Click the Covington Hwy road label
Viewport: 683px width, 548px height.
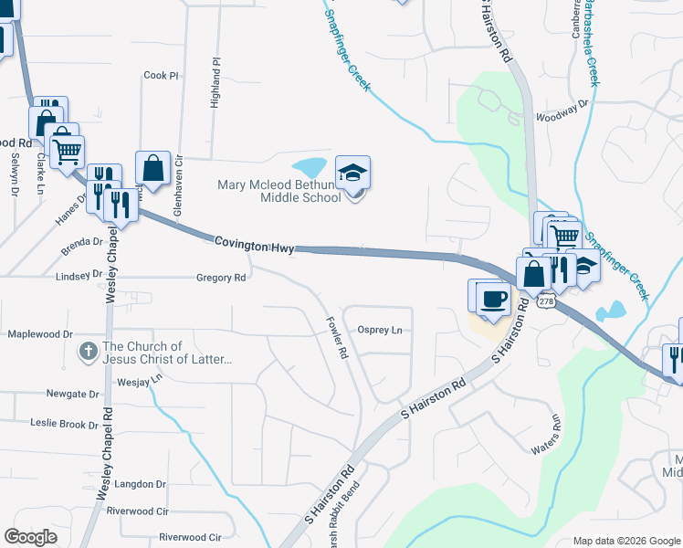pyautogui.click(x=254, y=245)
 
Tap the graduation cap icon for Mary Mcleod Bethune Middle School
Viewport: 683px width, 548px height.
pyautogui.click(x=352, y=173)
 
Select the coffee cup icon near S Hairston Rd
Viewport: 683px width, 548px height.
pyautogui.click(x=494, y=299)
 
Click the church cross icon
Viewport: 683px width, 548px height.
pyautogui.click(x=88, y=351)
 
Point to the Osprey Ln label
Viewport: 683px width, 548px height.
pyautogui.click(x=380, y=330)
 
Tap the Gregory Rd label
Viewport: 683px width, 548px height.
pyautogui.click(x=221, y=278)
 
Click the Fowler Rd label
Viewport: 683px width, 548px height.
pyautogui.click(x=337, y=337)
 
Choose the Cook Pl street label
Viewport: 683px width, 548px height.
pyautogui.click(x=161, y=76)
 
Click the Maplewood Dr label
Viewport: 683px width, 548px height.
pyautogui.click(x=39, y=334)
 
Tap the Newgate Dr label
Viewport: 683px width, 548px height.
pyautogui.click(x=71, y=394)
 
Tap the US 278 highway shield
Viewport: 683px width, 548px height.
pyautogui.click(x=546, y=300)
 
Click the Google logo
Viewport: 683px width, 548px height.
pyautogui.click(x=30, y=537)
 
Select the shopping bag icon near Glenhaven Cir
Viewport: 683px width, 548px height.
pyautogui.click(x=152, y=169)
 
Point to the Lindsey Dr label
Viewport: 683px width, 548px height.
pyautogui.click(x=79, y=275)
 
